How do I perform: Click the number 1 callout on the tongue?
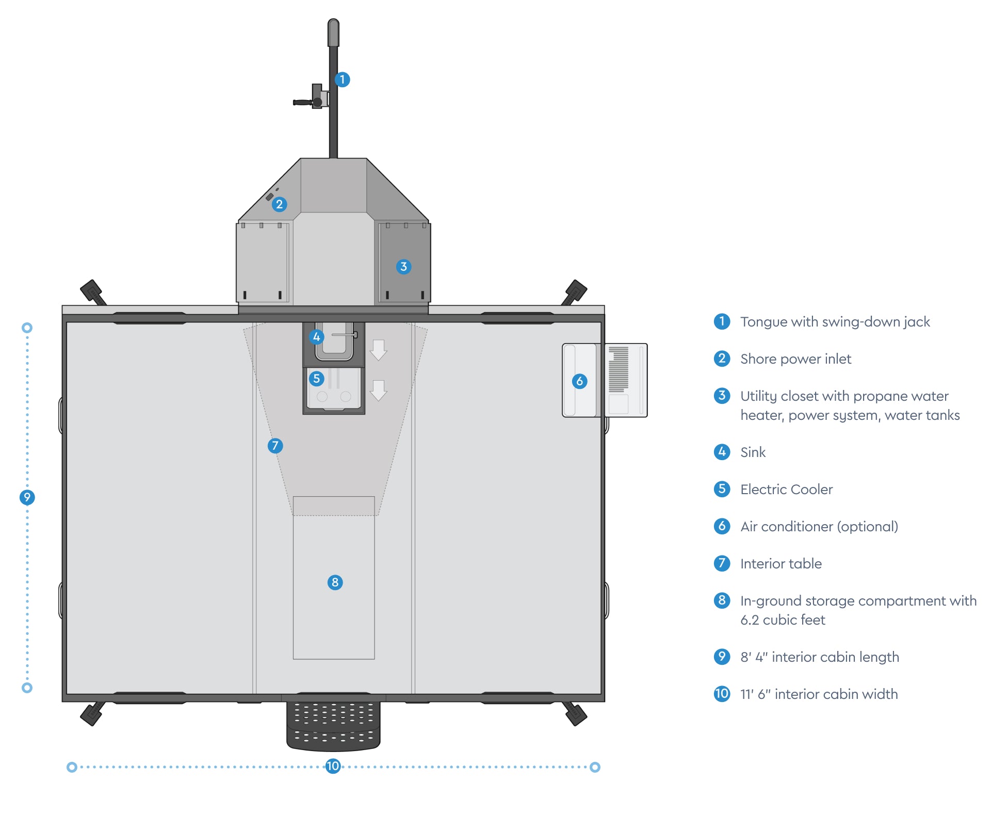tap(342, 79)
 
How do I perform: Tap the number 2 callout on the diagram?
tap(279, 204)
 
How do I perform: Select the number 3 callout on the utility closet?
tap(403, 267)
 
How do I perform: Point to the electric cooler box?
tap(334, 390)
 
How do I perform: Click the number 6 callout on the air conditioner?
tap(579, 381)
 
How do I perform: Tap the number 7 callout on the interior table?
tap(275, 446)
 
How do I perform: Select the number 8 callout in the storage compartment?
tap(335, 582)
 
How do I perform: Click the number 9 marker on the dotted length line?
tap(27, 497)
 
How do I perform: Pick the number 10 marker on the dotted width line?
tap(333, 766)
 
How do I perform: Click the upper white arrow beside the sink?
tap(379, 350)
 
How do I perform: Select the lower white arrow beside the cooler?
tap(379, 390)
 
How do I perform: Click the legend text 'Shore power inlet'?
tap(795, 359)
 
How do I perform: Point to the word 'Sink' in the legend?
tap(753, 452)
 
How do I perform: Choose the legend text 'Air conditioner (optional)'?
tap(819, 527)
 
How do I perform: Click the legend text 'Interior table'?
tap(781, 564)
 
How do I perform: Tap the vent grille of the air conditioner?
tap(619, 369)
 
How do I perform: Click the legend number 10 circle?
tap(722, 694)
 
